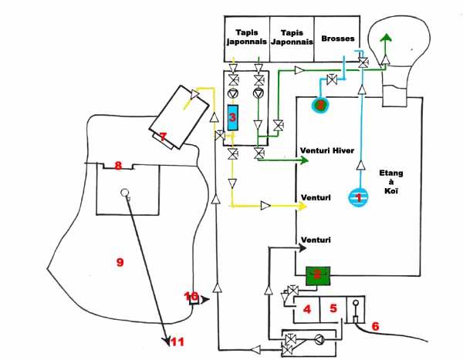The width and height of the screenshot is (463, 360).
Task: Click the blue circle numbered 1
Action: (357, 197)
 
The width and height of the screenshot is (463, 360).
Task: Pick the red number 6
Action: (376, 326)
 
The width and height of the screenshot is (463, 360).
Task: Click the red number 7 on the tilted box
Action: (162, 137)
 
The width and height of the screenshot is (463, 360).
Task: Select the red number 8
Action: (118, 165)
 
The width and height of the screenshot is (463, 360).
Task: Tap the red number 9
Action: (119, 262)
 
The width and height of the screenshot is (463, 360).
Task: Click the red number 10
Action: (192, 297)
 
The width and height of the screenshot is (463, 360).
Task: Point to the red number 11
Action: (177, 341)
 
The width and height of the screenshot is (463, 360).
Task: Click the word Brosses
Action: (334, 37)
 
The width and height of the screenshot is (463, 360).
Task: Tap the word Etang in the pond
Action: (390, 173)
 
